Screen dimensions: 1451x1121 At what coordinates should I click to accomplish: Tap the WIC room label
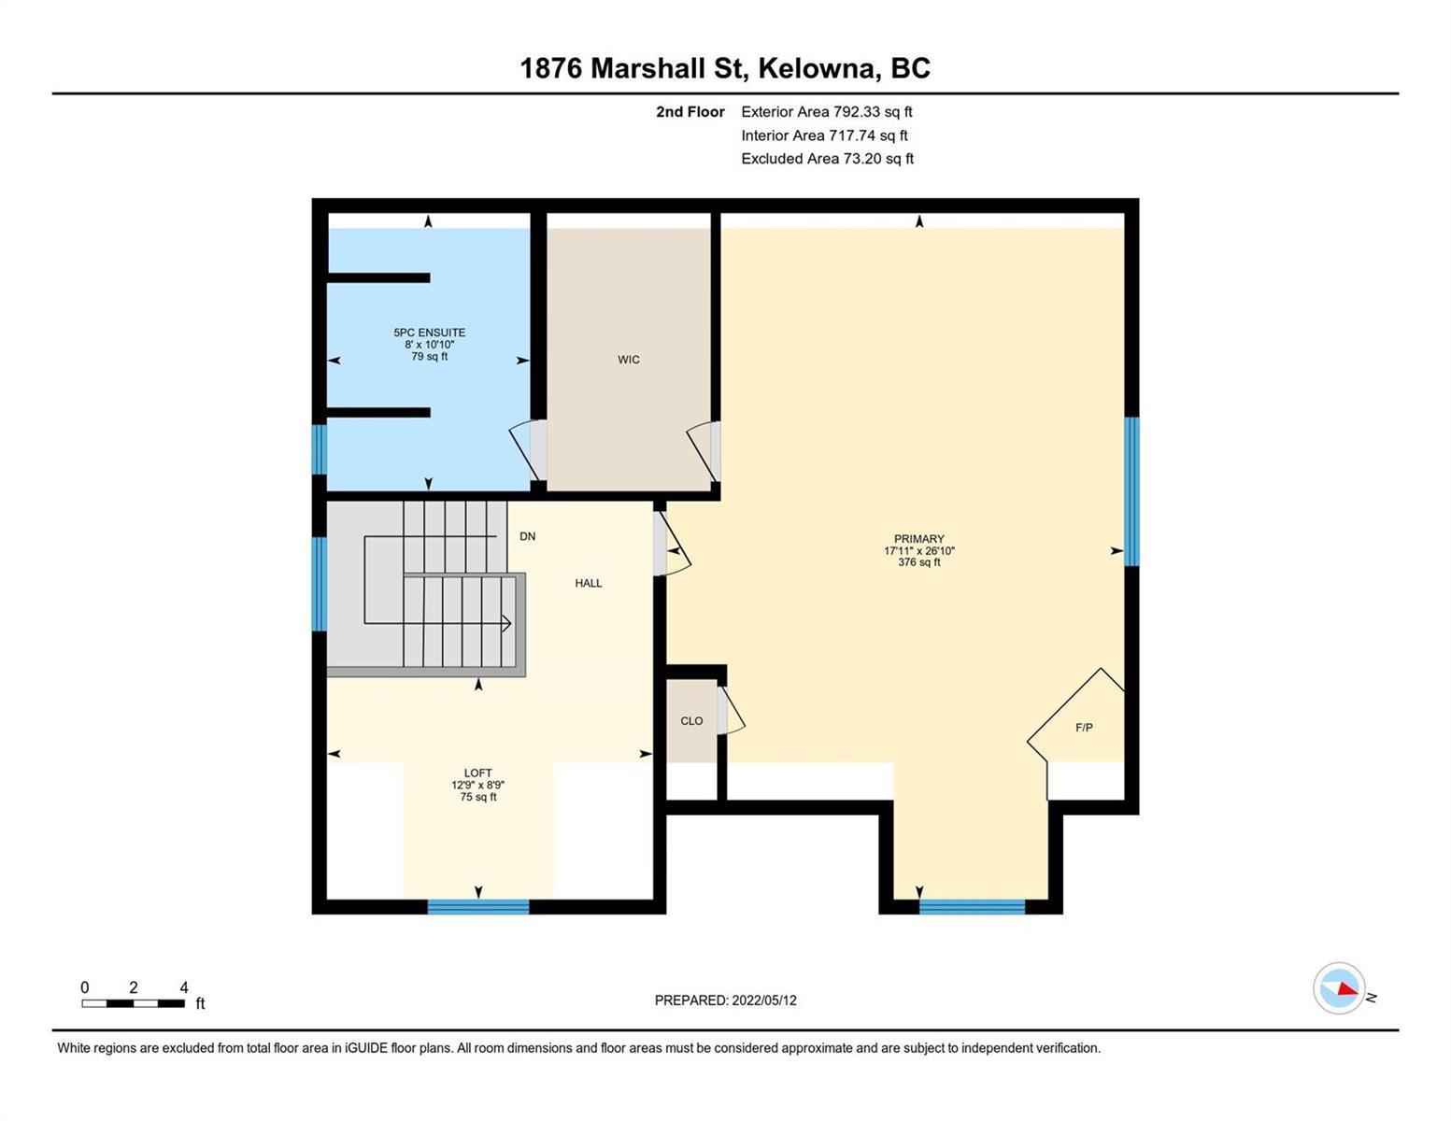click(x=629, y=360)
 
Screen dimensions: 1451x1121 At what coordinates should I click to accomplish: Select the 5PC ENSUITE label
click(x=430, y=333)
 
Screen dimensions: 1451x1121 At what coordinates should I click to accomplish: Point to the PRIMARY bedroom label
click(x=918, y=539)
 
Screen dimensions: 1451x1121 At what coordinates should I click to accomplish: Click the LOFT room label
click(x=478, y=773)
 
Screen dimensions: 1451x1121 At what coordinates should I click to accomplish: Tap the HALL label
click(x=589, y=583)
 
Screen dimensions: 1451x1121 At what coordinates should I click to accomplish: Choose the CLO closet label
click(x=691, y=721)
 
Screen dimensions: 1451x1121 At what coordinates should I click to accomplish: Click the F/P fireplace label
click(x=1084, y=728)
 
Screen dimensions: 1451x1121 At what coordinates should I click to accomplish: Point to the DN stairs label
click(x=528, y=536)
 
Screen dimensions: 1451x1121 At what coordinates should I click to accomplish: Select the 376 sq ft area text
click(x=918, y=562)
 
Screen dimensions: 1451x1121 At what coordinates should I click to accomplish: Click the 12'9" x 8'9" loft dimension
click(x=478, y=786)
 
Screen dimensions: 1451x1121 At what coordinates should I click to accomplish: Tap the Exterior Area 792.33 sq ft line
click(x=827, y=111)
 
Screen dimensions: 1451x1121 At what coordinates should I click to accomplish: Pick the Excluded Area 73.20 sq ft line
click(x=827, y=158)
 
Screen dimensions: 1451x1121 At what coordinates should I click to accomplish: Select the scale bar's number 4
click(x=184, y=986)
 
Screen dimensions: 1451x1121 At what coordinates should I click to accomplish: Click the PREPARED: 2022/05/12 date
click(x=725, y=1000)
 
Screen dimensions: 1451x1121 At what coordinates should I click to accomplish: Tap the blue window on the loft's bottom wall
click(x=478, y=906)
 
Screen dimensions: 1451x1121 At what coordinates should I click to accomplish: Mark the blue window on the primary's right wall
click(x=1131, y=491)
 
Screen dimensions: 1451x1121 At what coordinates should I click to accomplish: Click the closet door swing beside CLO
click(x=732, y=711)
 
